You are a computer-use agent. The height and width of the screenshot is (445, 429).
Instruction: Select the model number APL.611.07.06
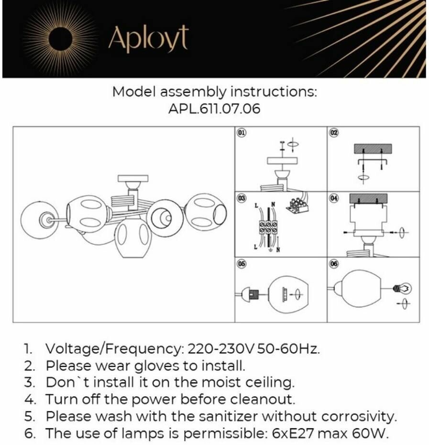(x=214, y=109)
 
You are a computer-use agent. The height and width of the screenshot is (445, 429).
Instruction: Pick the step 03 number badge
(x=242, y=198)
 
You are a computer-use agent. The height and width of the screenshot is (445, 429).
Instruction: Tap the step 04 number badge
(x=334, y=198)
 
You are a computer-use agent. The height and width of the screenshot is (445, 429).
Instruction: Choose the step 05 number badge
(x=242, y=263)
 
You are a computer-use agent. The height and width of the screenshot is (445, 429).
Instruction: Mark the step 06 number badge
(x=334, y=263)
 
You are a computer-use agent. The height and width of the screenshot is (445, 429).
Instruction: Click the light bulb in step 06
(x=402, y=288)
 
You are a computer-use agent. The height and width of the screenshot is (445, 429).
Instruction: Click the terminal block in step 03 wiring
(x=268, y=228)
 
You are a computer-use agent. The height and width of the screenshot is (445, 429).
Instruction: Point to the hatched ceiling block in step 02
(x=373, y=148)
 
